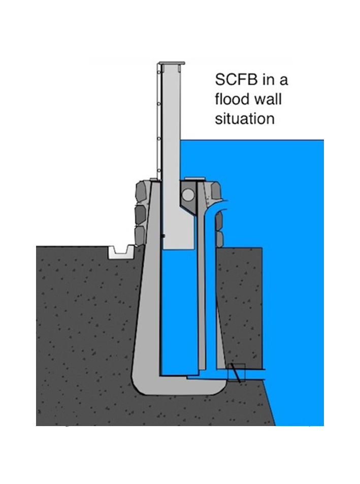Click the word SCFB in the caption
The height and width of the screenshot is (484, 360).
click(236, 80)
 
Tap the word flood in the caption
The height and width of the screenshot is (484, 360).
click(232, 99)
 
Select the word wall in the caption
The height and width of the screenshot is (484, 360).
click(268, 99)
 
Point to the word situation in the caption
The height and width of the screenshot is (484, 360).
click(245, 119)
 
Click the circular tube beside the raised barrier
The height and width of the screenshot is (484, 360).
click(188, 195)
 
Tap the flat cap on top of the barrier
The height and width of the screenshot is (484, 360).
click(171, 63)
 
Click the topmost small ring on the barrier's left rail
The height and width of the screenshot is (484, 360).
click(159, 72)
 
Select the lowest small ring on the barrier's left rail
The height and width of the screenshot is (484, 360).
click(159, 170)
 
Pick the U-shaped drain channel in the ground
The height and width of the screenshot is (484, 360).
click(121, 252)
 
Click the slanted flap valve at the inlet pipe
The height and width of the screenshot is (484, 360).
click(235, 373)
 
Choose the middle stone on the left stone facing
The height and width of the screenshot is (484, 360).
click(141, 214)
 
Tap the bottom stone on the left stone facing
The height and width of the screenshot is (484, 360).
click(140, 236)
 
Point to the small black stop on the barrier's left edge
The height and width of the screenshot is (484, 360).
click(163, 237)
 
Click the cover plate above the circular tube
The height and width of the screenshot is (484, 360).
click(194, 179)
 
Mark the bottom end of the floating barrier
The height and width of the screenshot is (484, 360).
click(178, 249)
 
